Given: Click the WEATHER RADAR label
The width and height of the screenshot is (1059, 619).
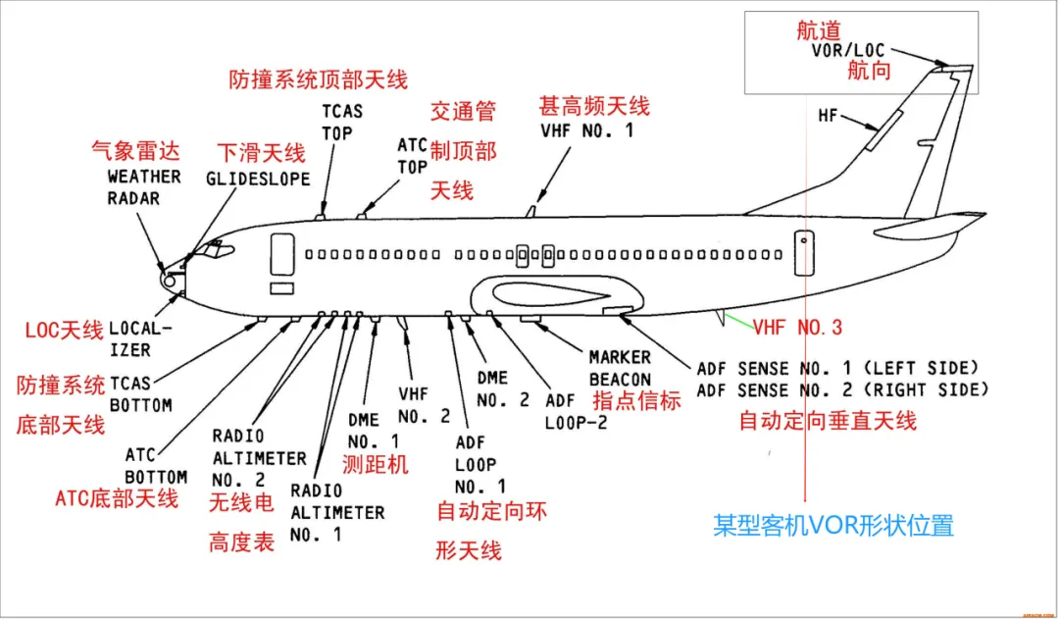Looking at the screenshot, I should [x=143, y=186].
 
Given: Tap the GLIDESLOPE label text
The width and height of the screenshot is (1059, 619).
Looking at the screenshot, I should [x=258, y=180].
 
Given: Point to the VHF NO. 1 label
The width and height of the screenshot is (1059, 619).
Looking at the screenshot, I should [x=586, y=129].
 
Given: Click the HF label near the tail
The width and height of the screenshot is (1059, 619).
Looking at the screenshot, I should [x=829, y=116].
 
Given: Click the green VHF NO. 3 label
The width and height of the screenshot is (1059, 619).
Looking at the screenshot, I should [x=797, y=328].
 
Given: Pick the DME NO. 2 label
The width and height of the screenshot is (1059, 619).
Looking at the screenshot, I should [x=503, y=388].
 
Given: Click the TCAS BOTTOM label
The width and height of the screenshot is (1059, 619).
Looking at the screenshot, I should [x=141, y=394].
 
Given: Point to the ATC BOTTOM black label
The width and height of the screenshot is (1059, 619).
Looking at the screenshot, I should [x=156, y=466].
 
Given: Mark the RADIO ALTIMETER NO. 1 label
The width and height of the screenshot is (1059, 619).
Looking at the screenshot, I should [x=336, y=513].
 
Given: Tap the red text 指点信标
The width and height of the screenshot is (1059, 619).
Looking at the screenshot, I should [x=636, y=400].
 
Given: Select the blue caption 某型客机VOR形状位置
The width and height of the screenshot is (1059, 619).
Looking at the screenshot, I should [x=832, y=525].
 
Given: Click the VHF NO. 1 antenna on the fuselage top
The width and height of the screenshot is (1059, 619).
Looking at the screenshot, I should [x=530, y=210].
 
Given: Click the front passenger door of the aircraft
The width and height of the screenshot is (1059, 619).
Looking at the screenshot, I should [x=281, y=254].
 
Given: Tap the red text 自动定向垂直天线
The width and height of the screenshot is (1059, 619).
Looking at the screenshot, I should [x=828, y=421].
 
